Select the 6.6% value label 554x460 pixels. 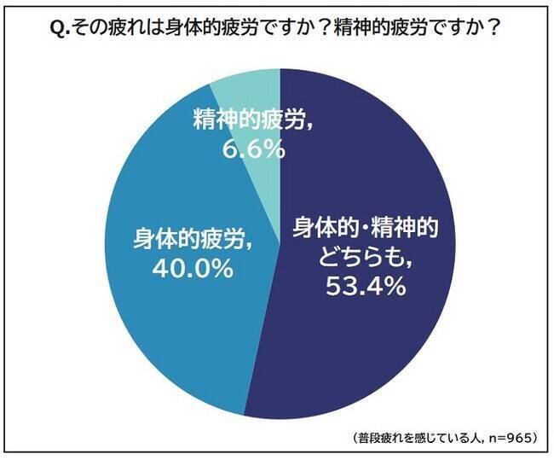tap(248, 150)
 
